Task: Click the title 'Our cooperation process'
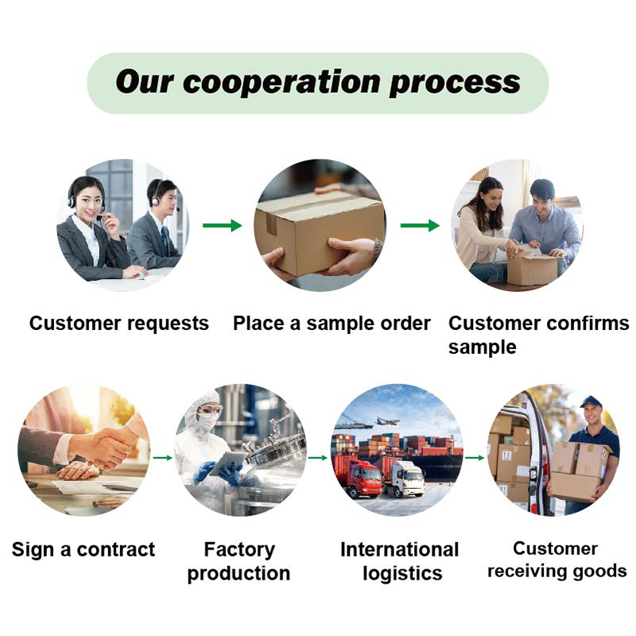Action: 318,83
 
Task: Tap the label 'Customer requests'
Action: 119,324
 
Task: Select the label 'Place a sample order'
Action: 332,324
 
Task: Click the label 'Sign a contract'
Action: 83,549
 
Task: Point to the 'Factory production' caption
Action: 238,561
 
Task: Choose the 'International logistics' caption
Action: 400,561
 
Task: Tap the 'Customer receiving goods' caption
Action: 556,560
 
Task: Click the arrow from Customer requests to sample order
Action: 223,226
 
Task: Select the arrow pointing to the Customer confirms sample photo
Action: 419,226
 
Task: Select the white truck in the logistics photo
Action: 405,477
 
